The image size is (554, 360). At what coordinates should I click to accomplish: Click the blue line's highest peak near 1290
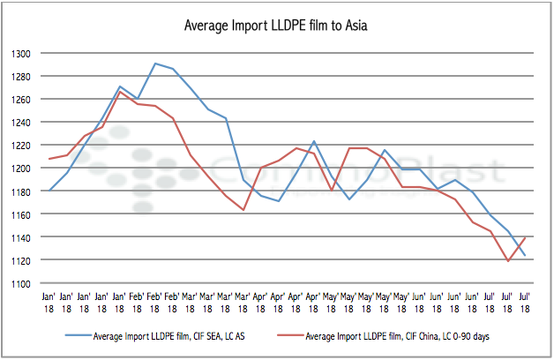pyautogui.click(x=155, y=64)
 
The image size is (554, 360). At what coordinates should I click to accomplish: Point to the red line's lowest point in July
pyautogui.click(x=507, y=261)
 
